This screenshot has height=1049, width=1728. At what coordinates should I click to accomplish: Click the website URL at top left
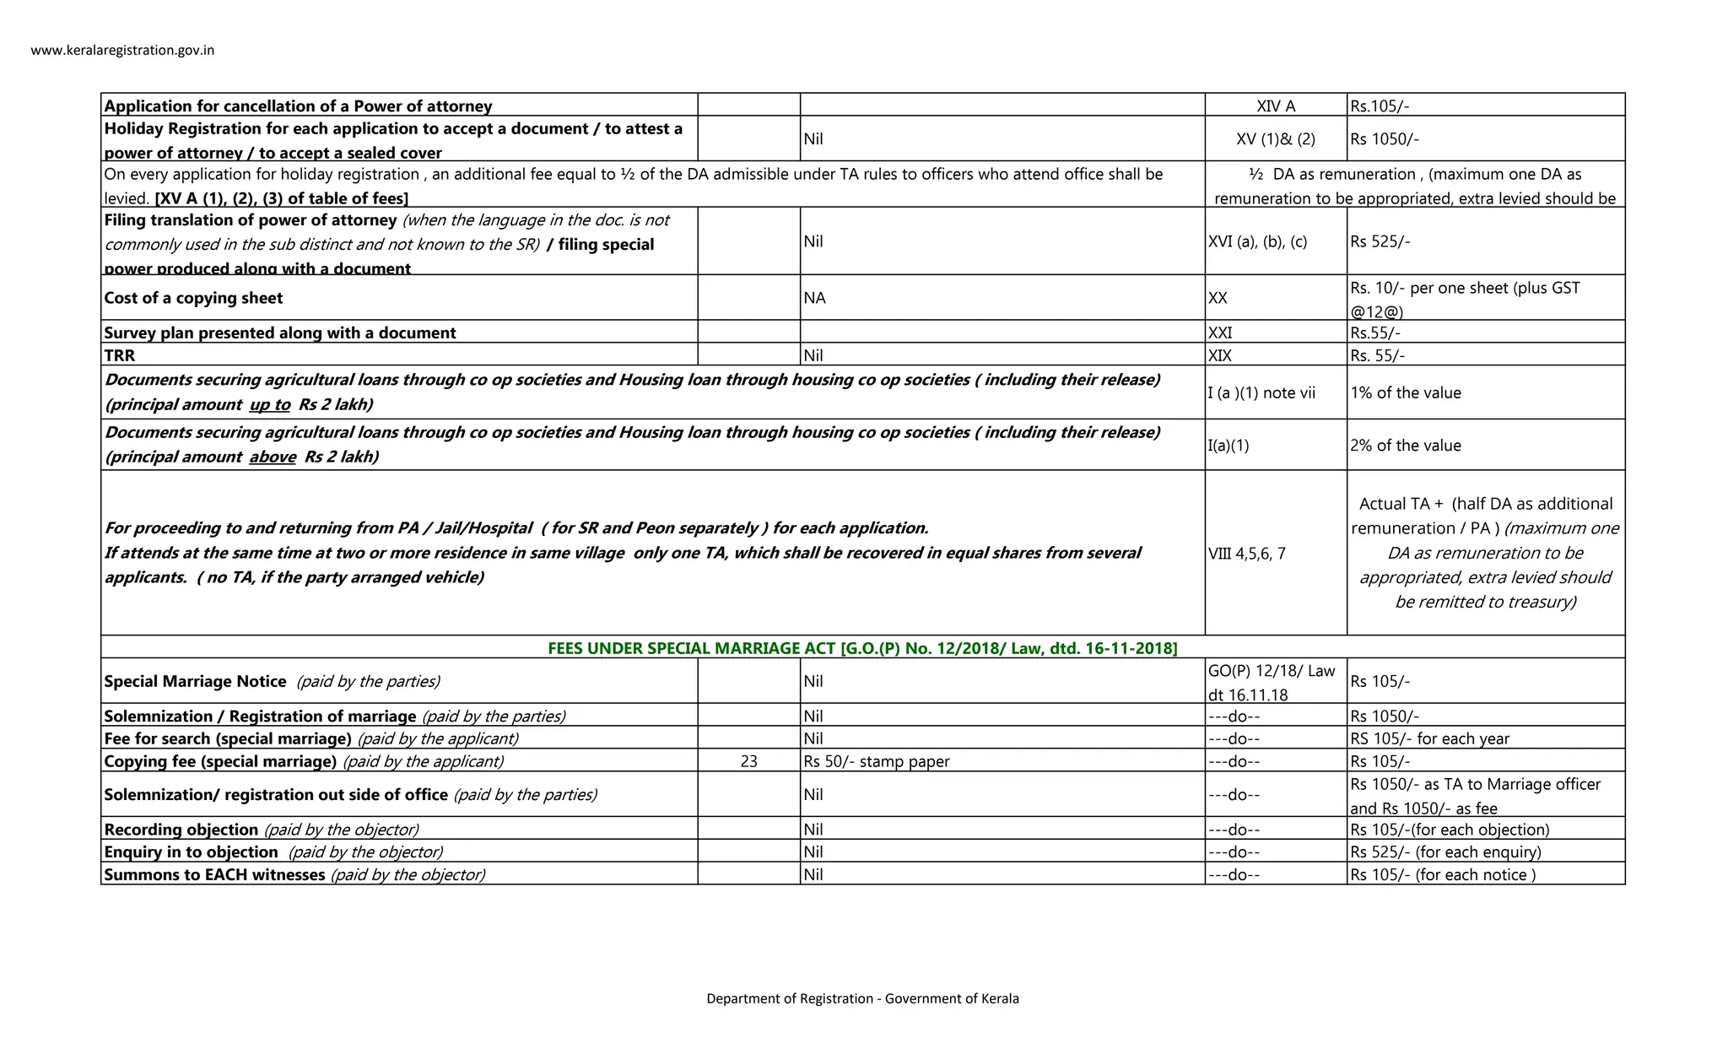(x=122, y=51)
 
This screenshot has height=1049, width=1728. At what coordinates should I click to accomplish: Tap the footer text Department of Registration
(x=862, y=998)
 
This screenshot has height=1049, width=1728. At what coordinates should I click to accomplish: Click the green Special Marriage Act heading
(x=862, y=648)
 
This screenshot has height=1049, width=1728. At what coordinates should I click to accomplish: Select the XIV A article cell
(x=1275, y=106)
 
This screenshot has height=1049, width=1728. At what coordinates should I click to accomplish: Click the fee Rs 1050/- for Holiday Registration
(x=1384, y=139)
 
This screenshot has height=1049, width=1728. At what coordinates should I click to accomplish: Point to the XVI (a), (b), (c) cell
(x=1257, y=241)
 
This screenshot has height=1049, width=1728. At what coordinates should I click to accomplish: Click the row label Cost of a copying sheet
(x=193, y=298)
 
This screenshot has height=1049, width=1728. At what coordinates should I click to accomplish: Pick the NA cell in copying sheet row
(x=815, y=298)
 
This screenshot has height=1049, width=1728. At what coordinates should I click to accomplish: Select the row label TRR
(x=120, y=355)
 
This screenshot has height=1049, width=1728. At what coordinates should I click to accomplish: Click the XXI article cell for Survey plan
(x=1220, y=333)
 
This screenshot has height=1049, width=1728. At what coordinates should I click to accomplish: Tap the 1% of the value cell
(x=1405, y=392)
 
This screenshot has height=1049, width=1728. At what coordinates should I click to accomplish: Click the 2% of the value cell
(x=1405, y=446)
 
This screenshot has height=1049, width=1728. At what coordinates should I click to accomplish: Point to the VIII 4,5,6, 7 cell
(x=1246, y=554)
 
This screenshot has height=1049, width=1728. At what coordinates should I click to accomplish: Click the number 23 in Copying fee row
(x=748, y=761)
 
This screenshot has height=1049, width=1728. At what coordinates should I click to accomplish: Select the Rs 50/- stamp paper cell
(x=876, y=761)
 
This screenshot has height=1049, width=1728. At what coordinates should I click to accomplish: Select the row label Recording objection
(x=181, y=830)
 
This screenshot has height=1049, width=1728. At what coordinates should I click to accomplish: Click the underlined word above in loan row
(x=273, y=457)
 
